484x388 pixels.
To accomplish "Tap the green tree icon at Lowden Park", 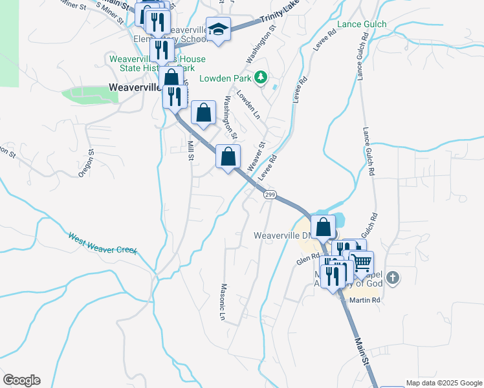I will (260, 78).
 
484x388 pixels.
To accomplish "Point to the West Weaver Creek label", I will (103, 242).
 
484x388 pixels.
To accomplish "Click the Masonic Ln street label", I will (222, 302).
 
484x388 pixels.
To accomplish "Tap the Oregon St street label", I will (86, 164).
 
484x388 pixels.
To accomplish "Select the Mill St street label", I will (191, 151).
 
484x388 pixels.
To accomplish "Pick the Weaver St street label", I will (257, 153).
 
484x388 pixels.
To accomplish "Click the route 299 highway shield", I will (270, 195).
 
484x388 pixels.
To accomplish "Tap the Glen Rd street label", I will (309, 259).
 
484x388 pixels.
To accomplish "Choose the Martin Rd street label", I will (364, 300).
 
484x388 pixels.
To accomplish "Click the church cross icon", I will (392, 278).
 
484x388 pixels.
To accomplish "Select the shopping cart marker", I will (362, 261).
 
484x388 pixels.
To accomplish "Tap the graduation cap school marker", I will (219, 29).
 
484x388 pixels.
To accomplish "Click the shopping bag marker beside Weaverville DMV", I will (324, 227).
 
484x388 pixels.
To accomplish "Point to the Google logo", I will (21, 380).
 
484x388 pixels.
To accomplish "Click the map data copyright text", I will (444, 383).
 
